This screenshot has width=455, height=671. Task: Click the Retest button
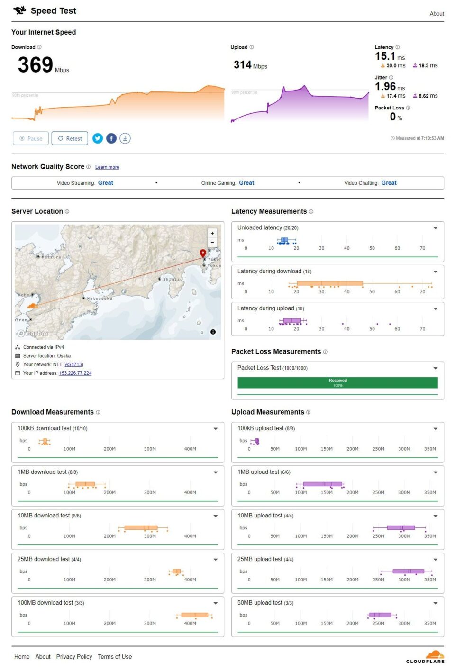click(70, 138)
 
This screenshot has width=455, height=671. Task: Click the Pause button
click(31, 138)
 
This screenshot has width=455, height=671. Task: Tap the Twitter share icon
click(98, 138)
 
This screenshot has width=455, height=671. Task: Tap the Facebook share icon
click(111, 138)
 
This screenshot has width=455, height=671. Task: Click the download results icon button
click(125, 138)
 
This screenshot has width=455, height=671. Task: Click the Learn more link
click(107, 167)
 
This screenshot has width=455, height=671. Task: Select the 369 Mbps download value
click(36, 65)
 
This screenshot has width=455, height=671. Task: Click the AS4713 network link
click(73, 364)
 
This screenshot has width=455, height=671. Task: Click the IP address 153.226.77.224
click(75, 373)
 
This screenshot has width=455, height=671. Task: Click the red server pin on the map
click(203, 253)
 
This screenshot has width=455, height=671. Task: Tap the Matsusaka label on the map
click(100, 299)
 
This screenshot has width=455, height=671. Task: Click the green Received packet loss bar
click(337, 382)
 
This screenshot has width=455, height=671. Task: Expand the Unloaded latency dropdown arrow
click(435, 228)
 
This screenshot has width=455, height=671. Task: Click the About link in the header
click(437, 14)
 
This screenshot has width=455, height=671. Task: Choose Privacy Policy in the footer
click(74, 657)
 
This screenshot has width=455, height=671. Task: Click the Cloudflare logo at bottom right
click(426, 657)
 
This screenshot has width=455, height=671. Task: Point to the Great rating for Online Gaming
click(246, 183)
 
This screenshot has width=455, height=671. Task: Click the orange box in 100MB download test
click(195, 615)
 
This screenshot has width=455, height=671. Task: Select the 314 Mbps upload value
click(243, 65)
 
